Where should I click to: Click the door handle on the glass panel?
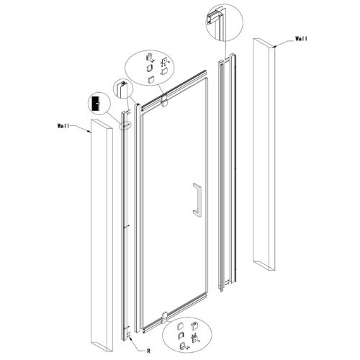coord(197,200)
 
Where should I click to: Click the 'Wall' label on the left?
coord(63,126)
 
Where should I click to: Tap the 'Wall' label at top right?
coord(301,39)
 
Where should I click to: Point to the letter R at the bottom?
coord(148,351)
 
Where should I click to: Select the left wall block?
coord(102,235)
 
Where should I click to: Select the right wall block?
coord(264,154)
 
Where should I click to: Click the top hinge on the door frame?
coord(165,100)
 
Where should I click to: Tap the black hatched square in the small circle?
coord(96,104)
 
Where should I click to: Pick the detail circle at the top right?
coord(225,22)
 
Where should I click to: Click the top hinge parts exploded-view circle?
coord(150,68)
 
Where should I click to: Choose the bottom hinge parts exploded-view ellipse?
coord(186,335)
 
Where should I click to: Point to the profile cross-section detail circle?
coord(123,89)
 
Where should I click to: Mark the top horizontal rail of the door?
coord(174,89)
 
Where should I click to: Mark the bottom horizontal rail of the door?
coord(175,312)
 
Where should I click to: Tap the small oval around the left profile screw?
coord(125,125)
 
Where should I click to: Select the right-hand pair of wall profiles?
coord(227,172)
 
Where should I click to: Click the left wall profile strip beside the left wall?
coord(125,225)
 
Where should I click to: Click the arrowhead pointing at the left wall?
coord(89,131)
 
